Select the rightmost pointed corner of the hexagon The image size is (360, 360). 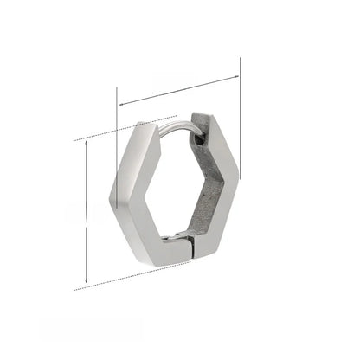coord(238,178)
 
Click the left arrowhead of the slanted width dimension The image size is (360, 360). coord(120,105)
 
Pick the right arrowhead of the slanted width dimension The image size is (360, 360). coord(236,78)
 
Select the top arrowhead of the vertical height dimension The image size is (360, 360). coord(86,143)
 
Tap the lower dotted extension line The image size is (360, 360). coord(121,277)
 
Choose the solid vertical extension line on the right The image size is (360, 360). coord(240,130)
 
